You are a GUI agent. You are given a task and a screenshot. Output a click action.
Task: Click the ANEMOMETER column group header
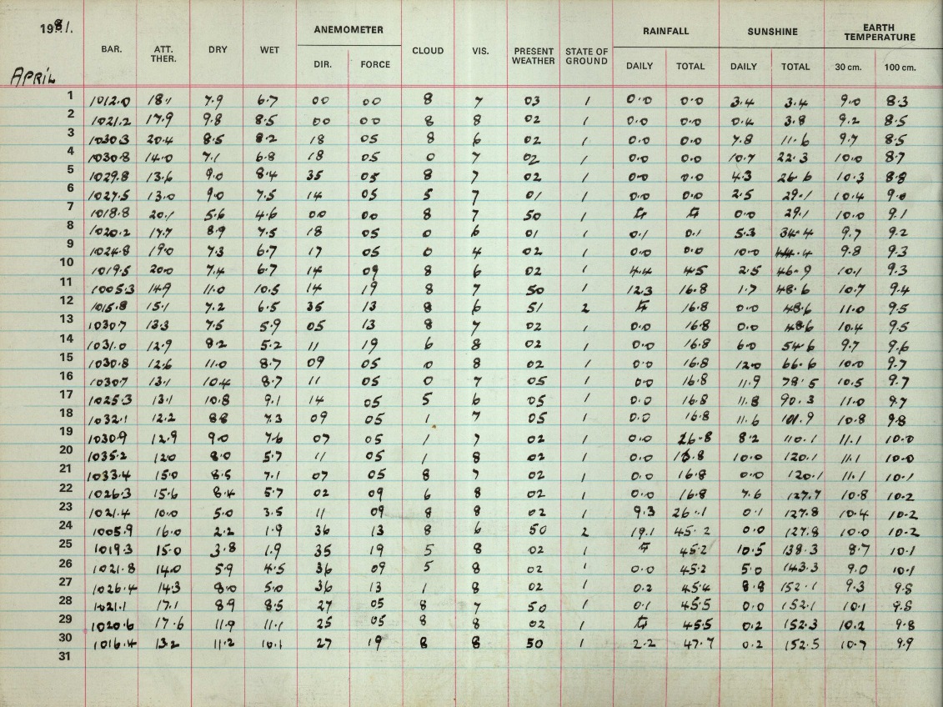349,30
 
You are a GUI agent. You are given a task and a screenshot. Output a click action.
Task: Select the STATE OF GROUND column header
586,56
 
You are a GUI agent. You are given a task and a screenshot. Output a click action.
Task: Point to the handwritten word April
33,78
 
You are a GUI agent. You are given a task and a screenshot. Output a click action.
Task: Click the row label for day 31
71,656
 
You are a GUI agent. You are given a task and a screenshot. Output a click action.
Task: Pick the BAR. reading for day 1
110,102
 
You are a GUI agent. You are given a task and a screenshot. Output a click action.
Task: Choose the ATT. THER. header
163,54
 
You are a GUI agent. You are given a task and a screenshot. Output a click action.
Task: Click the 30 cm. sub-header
848,67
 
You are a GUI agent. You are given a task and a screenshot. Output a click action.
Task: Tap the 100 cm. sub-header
900,67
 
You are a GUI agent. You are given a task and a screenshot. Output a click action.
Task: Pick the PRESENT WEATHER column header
533,56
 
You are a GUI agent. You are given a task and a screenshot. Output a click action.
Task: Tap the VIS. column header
480,51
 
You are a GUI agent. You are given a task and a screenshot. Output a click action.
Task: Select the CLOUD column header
428,51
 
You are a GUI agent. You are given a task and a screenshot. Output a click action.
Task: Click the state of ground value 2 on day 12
585,308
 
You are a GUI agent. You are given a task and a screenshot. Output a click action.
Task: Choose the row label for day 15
71,357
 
